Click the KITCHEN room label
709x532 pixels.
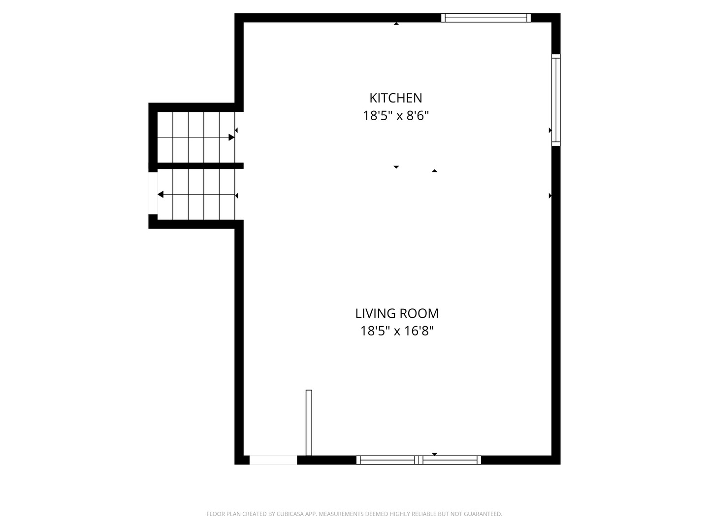click(396, 98)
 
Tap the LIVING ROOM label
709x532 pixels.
click(397, 313)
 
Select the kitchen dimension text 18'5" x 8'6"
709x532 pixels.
click(396, 116)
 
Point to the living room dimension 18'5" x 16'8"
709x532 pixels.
click(397, 331)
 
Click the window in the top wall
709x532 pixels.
click(486, 18)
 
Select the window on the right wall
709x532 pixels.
click(555, 100)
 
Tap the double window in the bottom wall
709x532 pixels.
click(419, 460)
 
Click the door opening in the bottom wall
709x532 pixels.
click(273, 460)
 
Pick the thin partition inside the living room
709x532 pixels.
click(309, 423)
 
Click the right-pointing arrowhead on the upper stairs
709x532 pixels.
click(231, 137)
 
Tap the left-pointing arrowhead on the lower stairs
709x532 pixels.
click(161, 195)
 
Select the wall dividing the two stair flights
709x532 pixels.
click(200, 166)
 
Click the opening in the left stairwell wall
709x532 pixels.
click(153, 193)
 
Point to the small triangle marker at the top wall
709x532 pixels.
click(396, 24)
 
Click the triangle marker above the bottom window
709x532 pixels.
click(434, 454)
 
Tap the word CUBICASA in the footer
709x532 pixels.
click(290, 514)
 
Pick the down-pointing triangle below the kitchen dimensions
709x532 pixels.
click(396, 167)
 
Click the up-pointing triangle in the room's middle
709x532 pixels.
click(434, 170)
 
